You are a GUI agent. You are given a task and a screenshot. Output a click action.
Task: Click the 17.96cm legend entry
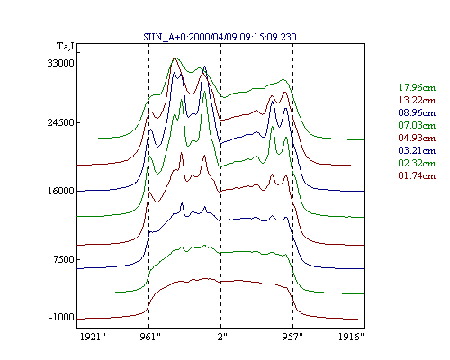(x=417, y=87)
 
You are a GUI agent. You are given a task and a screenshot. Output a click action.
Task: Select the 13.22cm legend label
(x=417, y=100)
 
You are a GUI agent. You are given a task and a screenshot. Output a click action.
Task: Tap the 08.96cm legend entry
(x=417, y=112)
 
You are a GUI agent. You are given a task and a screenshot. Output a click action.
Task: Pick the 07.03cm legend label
(x=417, y=125)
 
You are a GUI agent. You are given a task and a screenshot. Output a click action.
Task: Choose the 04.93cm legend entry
(x=417, y=138)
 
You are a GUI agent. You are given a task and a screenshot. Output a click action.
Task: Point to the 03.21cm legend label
(x=417, y=150)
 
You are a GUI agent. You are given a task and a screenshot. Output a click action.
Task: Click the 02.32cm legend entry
(x=417, y=163)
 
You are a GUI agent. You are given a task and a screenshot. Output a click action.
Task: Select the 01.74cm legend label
(x=417, y=175)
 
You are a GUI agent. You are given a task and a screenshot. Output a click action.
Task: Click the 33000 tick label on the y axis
(x=60, y=63)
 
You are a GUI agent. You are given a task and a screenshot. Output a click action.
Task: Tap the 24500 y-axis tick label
(x=60, y=122)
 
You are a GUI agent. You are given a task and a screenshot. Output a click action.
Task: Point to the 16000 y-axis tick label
(x=60, y=191)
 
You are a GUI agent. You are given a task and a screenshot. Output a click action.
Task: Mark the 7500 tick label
(x=63, y=259)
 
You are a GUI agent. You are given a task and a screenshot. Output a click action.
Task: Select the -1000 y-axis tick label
(x=61, y=317)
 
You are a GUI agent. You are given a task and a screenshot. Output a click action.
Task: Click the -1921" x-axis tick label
(x=92, y=337)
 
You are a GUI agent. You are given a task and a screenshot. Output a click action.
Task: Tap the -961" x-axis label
(x=148, y=337)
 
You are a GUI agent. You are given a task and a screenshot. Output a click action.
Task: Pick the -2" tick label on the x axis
(x=220, y=337)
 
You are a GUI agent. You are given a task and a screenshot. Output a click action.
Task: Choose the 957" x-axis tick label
(x=292, y=337)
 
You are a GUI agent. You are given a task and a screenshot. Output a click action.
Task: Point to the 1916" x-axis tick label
(x=351, y=337)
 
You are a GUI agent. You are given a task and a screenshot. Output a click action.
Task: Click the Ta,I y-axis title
(x=66, y=47)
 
